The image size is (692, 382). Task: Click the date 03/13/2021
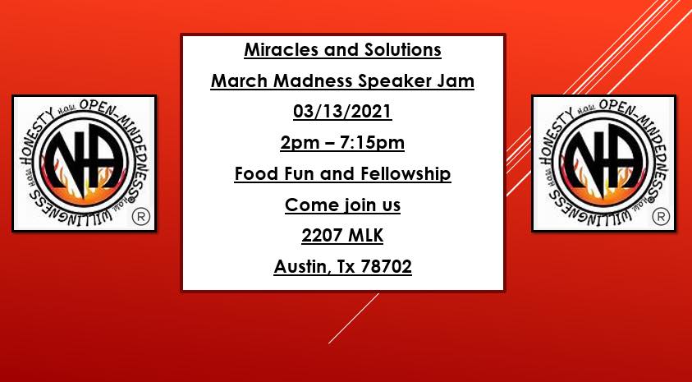pos(342,112)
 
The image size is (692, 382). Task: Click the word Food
pos(254,173)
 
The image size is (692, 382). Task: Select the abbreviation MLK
pos(366,236)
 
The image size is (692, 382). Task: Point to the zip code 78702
pos(386,267)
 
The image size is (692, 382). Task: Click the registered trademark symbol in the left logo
pos(141,216)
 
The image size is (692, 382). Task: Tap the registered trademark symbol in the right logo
pos(661,216)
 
